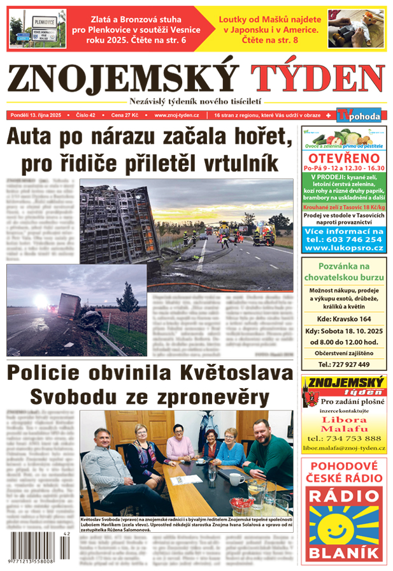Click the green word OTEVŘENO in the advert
[343, 158]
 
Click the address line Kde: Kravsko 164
[343, 319]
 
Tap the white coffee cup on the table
[236, 479]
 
